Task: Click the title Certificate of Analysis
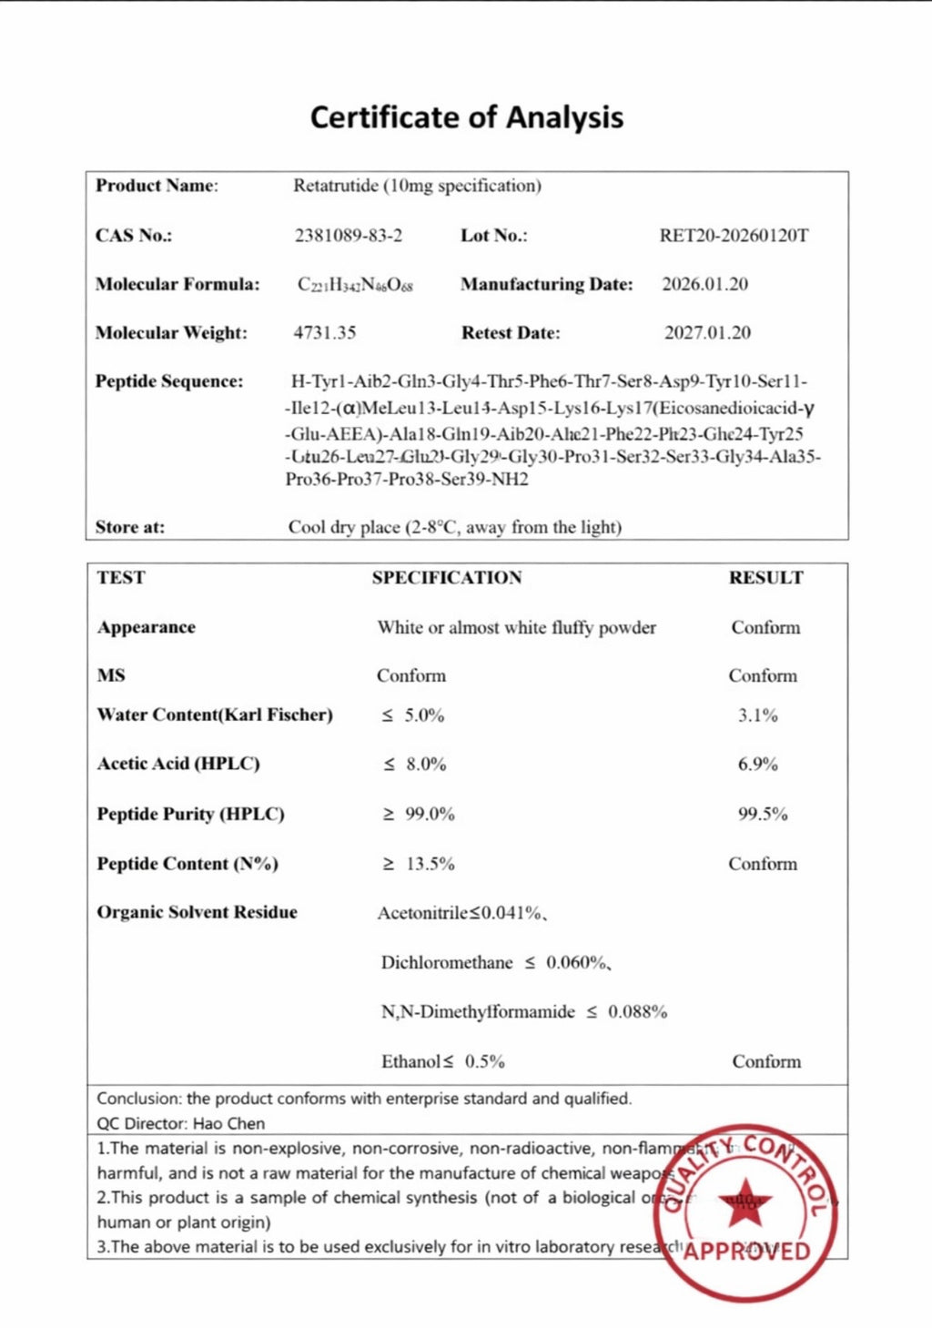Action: coord(466,117)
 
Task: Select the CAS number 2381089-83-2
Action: coord(348,236)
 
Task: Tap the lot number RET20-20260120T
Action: coord(734,236)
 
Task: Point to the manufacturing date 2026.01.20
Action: coord(704,284)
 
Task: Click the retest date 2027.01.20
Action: coord(707,333)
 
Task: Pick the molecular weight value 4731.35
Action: coord(324,333)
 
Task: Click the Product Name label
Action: coord(157,186)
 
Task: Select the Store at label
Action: coord(130,527)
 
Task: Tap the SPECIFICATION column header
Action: coord(447,578)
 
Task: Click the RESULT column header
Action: coord(765,578)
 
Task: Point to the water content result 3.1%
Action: coord(757,716)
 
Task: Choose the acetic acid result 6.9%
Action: coord(757,765)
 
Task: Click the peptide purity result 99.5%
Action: coord(762,815)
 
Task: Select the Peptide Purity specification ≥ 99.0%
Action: coord(418,815)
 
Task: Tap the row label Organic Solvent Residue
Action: coord(197,913)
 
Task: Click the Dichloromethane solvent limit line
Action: coord(495,963)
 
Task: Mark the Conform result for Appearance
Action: coord(765,628)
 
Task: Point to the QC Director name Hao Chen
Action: coord(228,1124)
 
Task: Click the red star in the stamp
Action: coord(745,1201)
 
